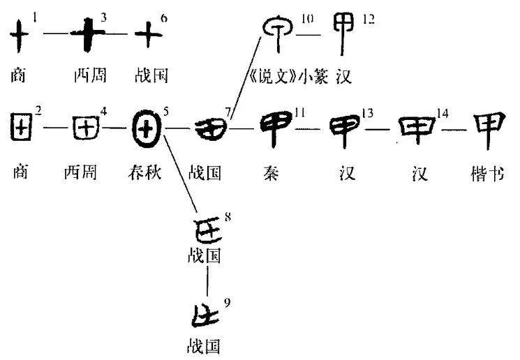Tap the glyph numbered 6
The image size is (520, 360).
(x=147, y=33)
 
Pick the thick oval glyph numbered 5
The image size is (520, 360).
(x=147, y=129)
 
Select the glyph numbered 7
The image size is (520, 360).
(x=207, y=128)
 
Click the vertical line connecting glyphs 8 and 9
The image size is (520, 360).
(x=207, y=282)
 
